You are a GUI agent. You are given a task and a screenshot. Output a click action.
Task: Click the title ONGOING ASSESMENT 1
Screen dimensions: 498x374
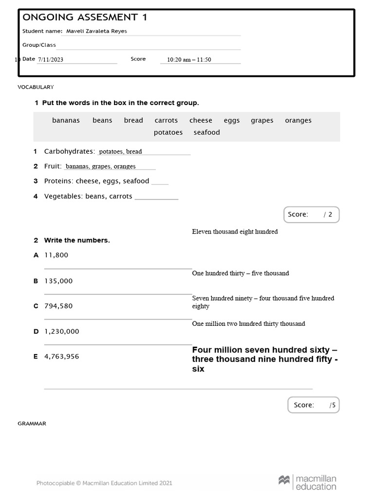pos(85,18)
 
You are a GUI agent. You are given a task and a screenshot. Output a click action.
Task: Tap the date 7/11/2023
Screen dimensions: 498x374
pos(51,60)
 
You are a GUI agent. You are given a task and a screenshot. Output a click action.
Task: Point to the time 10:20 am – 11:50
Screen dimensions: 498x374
pos(189,60)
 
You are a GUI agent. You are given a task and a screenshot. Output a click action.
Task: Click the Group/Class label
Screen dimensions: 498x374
pos(39,45)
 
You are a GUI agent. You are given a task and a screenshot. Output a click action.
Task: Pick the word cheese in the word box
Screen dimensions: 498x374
pos(201,121)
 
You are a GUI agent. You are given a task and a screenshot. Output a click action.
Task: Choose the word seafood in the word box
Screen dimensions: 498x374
pos(206,132)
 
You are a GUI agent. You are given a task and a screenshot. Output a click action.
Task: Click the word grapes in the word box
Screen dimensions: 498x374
pos(262,121)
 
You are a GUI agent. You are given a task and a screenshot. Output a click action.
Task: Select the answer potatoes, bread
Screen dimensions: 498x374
pos(120,152)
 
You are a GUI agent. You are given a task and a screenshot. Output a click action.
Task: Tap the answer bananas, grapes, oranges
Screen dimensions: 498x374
pos(101,166)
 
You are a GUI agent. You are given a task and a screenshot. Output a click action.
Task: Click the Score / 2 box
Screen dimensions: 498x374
pos(311,214)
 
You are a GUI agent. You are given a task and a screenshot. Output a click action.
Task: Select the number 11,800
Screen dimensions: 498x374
pos(56,255)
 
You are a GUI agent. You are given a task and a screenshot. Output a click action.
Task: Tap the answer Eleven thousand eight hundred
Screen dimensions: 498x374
pos(235,232)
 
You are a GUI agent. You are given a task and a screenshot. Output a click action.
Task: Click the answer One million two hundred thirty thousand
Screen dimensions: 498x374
pos(248,324)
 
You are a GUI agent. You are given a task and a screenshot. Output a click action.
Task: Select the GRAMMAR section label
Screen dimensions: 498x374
pos(32,424)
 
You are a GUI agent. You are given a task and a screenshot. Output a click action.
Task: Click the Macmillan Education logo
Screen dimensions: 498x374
pos(307,482)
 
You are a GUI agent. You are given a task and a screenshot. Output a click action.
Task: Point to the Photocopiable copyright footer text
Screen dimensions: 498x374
pos(104,483)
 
